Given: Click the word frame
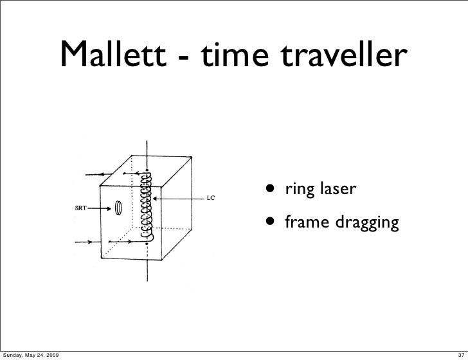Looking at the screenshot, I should click(x=305, y=223).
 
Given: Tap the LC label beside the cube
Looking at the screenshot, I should click(x=210, y=198).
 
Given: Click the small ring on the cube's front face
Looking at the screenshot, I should click(x=119, y=207).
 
